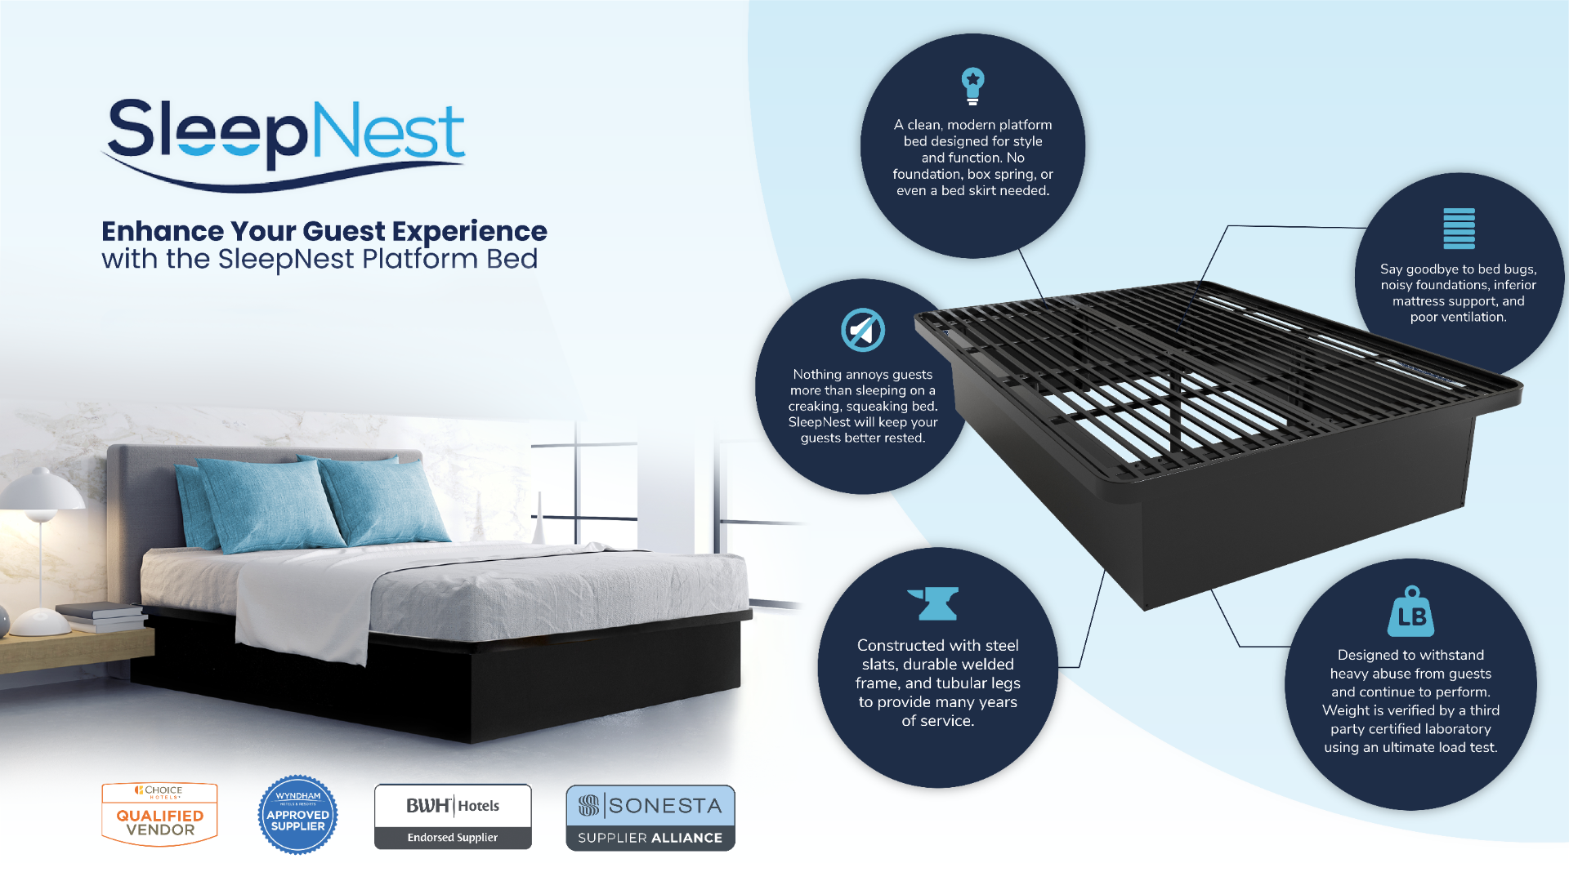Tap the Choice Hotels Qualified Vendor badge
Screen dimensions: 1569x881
pos(159,814)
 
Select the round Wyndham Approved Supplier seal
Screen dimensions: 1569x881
pos(297,815)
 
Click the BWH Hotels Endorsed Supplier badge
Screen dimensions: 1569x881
pos(453,816)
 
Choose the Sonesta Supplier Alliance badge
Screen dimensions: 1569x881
pos(650,817)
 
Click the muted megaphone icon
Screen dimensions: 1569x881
pos(863,330)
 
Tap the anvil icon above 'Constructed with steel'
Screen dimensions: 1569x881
pos(933,603)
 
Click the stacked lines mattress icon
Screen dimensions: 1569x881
pos(1459,228)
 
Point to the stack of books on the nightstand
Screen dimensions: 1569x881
pos(101,617)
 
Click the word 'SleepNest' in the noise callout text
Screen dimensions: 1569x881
pos(819,422)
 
